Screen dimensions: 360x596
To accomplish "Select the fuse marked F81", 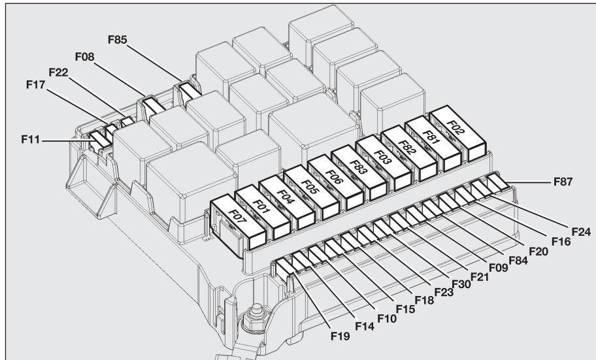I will [432, 138].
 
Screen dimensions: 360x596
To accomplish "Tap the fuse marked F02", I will [456, 127].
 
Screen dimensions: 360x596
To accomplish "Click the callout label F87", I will [561, 183].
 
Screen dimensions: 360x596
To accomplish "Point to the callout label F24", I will [580, 231].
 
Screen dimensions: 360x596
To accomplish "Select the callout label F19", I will [339, 337].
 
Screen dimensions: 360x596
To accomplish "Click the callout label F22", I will [59, 72].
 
